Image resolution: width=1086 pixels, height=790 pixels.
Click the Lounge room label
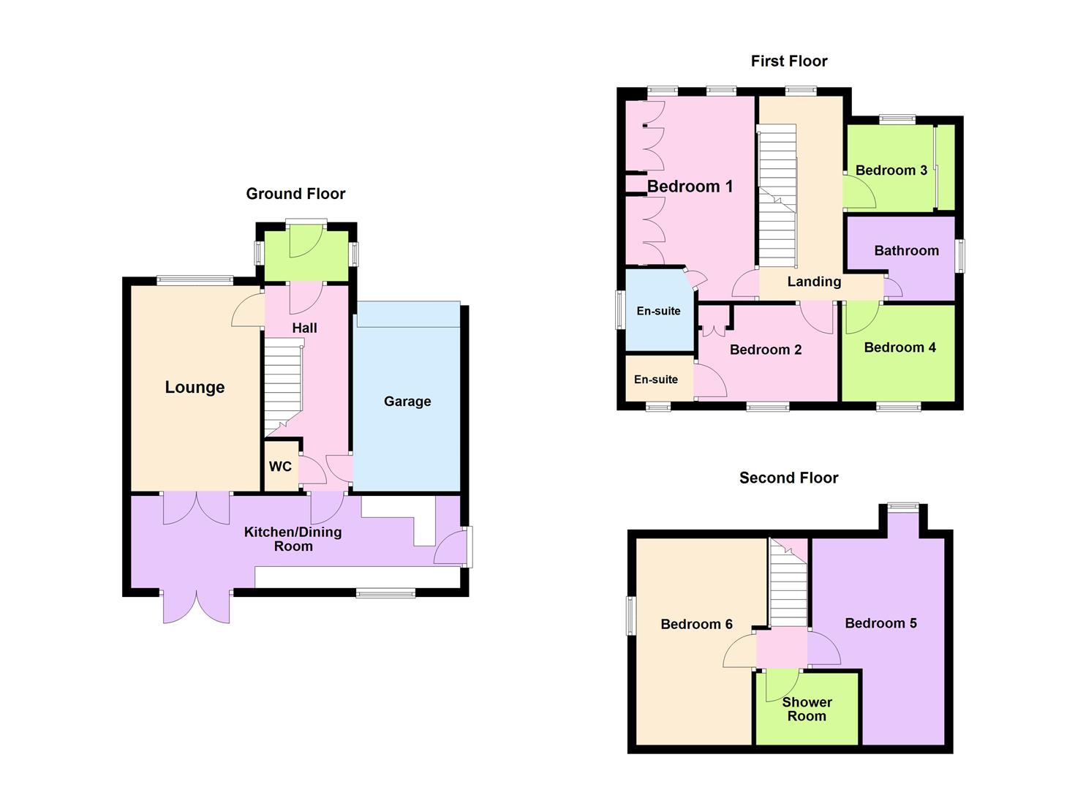[x=195, y=388]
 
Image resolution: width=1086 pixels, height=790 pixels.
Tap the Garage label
[x=407, y=402]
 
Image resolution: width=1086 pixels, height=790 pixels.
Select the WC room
[x=281, y=467]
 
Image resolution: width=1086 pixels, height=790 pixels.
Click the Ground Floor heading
[x=295, y=194]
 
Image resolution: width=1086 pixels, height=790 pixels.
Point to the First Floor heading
[x=789, y=61]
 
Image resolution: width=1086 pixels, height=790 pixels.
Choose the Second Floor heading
[x=788, y=478]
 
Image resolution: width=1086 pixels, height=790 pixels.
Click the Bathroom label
[x=906, y=251]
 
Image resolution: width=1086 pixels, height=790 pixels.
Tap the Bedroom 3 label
[x=891, y=170]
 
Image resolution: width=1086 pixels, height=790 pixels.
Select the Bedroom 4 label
[x=900, y=347]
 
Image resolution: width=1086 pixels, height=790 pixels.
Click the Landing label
[x=814, y=282]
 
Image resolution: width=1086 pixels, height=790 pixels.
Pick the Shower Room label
[x=807, y=710]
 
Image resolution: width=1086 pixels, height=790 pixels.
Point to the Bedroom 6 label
[x=696, y=624]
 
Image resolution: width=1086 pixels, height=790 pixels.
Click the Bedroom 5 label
[x=881, y=623]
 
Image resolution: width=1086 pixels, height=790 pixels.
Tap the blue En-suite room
[x=658, y=311]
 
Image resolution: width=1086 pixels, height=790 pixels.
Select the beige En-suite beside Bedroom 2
[x=655, y=380]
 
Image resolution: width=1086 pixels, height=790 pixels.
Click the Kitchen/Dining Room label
[x=293, y=539]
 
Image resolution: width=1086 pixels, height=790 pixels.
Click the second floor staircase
[x=788, y=585]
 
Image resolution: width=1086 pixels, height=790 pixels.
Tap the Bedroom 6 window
[x=630, y=616]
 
